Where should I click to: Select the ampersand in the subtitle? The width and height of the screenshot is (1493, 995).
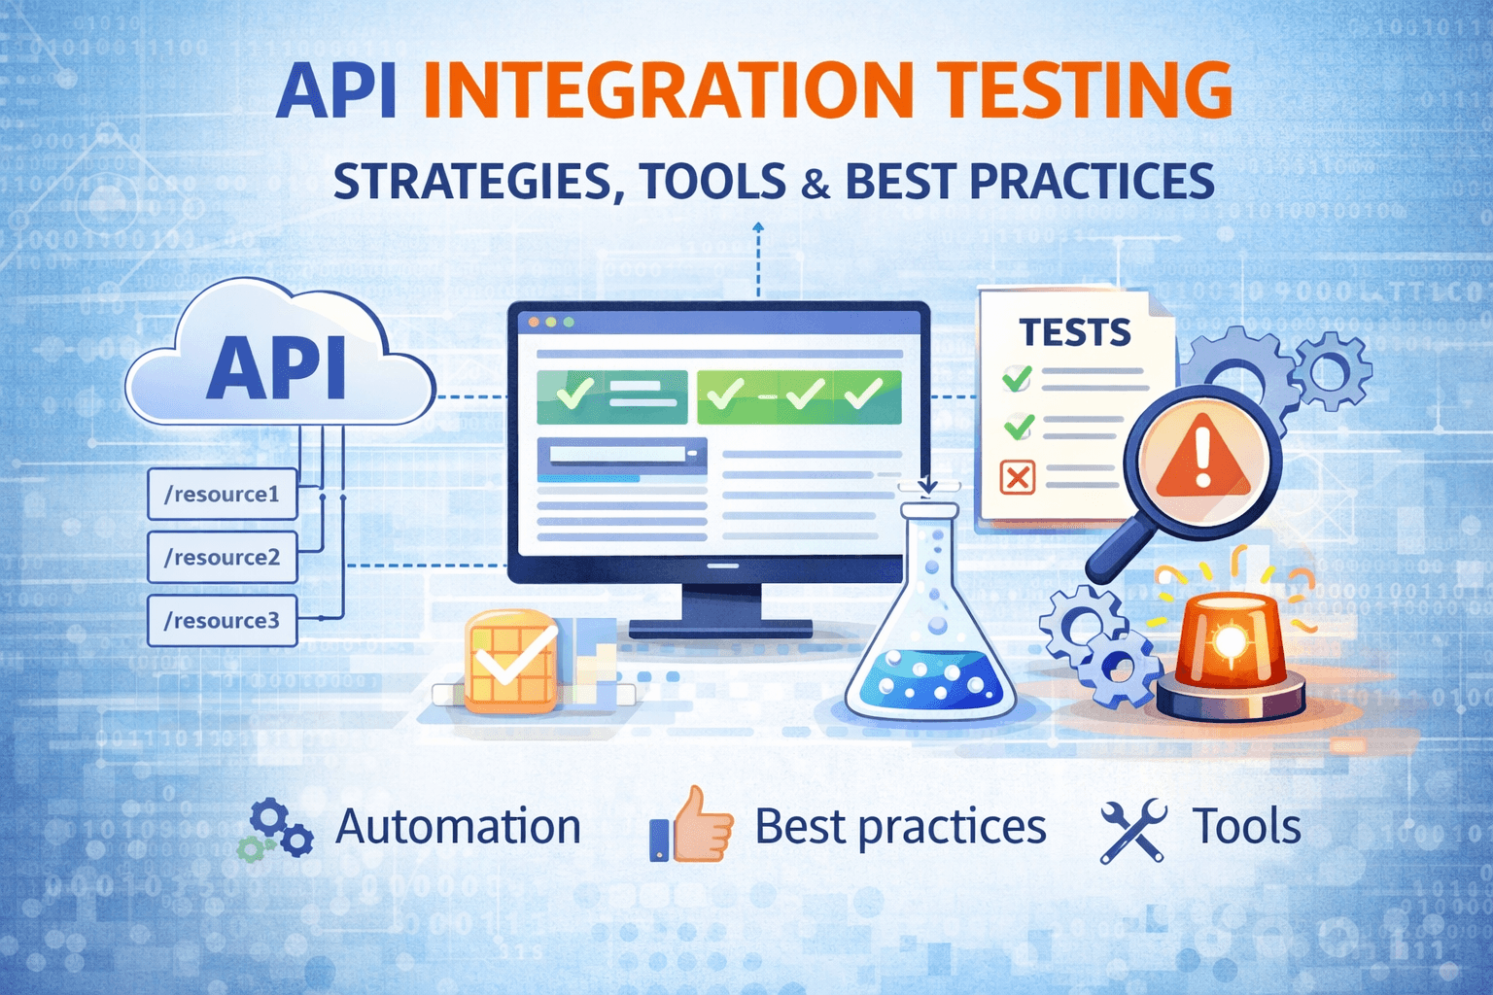coord(816,184)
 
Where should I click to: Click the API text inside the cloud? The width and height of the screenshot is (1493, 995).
coord(277,369)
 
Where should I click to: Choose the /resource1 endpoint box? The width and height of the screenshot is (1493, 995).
coord(222,494)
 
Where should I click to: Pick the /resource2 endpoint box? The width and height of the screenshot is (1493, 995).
coord(222,557)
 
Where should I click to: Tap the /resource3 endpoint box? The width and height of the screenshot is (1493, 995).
coord(222,620)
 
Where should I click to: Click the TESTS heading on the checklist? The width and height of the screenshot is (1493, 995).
coord(1075,333)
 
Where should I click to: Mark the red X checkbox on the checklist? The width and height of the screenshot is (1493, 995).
coord(1018,477)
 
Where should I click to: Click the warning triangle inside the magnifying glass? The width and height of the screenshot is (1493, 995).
coord(1202,455)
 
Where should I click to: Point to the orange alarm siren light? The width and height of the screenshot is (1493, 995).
coord(1231,646)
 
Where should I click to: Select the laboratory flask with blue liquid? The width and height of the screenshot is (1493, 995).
coord(929,632)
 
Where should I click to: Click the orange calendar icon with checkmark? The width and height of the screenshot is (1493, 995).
coord(511,661)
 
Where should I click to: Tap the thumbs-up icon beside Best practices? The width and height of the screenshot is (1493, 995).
coord(691,826)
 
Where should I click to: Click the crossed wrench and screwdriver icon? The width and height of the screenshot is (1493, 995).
coord(1132,830)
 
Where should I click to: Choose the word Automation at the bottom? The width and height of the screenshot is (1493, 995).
coord(458,827)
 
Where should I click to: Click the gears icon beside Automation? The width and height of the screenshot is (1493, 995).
coord(280,829)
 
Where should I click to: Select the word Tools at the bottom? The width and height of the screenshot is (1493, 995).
coord(1246,827)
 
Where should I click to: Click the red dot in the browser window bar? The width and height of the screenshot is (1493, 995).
coord(533,322)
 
